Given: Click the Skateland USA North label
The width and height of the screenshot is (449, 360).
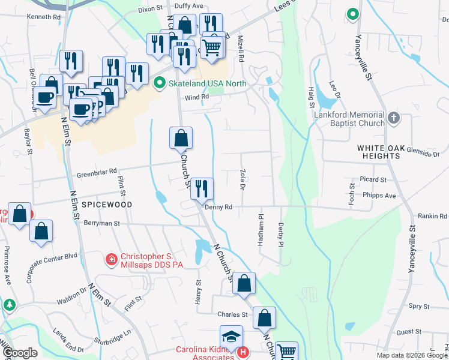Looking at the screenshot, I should point(206,83).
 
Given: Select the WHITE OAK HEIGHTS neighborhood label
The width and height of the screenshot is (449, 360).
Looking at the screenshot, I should point(387,151).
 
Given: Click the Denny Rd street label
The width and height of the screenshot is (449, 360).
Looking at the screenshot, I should point(218,206).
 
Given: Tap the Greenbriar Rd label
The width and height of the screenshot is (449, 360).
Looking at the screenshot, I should point(96,175).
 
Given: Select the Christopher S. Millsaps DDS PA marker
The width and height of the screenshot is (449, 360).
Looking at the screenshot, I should point(111,259).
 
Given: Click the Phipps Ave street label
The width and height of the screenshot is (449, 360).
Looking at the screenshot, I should point(379,195).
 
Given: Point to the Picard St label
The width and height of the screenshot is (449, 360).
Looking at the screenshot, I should point(373,179).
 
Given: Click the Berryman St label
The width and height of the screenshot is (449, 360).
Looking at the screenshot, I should point(102,223).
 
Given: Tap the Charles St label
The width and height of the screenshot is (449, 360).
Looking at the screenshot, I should point(232,314).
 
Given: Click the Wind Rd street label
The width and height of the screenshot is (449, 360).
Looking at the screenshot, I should point(196,96).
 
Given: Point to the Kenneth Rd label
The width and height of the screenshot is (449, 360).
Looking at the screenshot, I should point(44,17).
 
